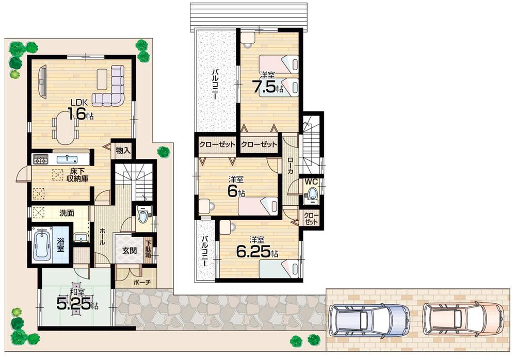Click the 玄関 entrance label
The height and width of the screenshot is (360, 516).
128,251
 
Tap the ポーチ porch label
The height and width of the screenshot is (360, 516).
140,283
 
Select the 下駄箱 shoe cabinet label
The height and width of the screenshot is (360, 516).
149,249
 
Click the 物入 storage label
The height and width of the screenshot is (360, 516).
123,151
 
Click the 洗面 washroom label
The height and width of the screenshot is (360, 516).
67,212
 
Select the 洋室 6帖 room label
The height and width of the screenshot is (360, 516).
236,187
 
